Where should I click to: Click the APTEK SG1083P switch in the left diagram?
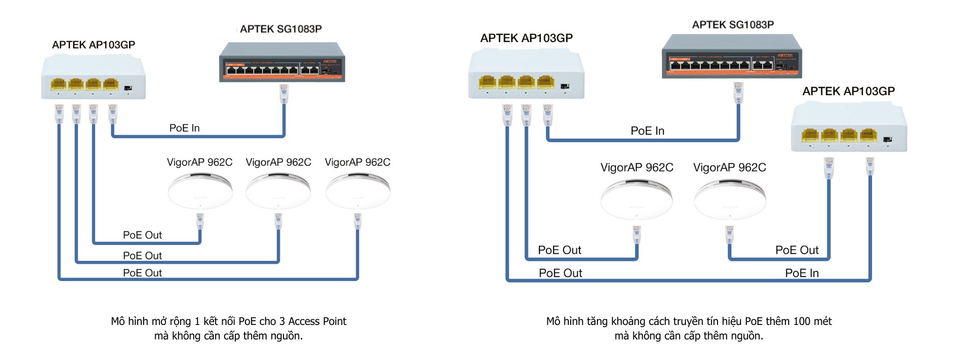click(x=282, y=62)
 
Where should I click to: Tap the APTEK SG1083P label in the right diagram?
click(x=733, y=25)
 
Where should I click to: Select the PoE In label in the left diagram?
click(x=184, y=128)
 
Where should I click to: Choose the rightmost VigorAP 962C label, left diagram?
click(x=357, y=162)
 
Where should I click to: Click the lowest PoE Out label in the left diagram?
click(x=142, y=273)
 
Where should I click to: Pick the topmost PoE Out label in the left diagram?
click(x=142, y=235)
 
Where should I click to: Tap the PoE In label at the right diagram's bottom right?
click(x=802, y=273)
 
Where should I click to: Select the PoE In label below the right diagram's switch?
click(x=647, y=131)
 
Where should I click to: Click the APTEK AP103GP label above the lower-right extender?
click(x=849, y=91)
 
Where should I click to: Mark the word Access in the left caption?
click(x=305, y=321)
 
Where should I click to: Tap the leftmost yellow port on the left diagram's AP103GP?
click(x=58, y=84)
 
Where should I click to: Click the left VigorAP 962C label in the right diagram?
click(x=637, y=167)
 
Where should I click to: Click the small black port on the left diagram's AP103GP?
click(x=128, y=88)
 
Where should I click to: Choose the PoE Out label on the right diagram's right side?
click(x=797, y=250)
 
